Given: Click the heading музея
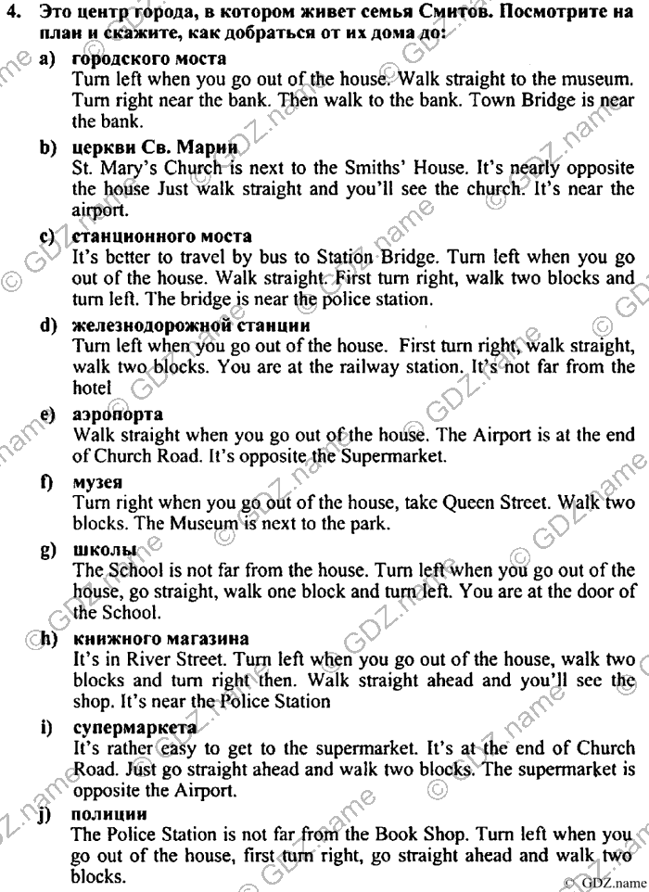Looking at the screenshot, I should (98, 481).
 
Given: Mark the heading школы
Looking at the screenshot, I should (104, 549).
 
